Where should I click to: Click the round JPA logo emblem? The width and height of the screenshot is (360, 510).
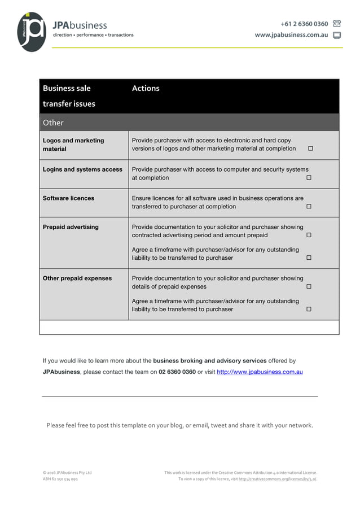click(x=32, y=32)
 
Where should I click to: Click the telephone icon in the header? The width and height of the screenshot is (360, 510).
click(x=337, y=24)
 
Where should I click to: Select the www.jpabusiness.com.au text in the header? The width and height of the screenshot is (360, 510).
click(x=291, y=35)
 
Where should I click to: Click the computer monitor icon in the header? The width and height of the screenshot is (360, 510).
click(x=337, y=35)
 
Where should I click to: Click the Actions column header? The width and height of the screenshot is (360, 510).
click(x=146, y=88)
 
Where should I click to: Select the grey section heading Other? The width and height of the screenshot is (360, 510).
click(x=53, y=123)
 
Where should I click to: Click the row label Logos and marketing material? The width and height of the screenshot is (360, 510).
click(x=73, y=145)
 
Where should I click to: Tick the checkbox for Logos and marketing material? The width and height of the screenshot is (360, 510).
click(x=310, y=149)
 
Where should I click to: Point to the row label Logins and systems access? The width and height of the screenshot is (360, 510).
click(x=82, y=169)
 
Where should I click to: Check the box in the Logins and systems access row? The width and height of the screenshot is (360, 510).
click(x=309, y=178)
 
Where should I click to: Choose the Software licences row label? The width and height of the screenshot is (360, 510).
click(x=68, y=198)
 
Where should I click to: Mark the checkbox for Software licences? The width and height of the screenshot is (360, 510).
click(x=309, y=207)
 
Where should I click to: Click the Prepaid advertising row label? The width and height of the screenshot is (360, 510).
click(x=71, y=227)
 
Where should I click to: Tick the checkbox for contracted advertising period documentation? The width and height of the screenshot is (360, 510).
click(x=309, y=235)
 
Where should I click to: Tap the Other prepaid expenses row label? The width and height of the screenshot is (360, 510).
click(x=77, y=278)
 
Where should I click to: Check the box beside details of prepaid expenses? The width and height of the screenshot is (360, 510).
click(x=309, y=287)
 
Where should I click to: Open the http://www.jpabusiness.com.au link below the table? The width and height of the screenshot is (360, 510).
click(x=260, y=372)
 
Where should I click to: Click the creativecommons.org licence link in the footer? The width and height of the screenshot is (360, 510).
click(x=277, y=479)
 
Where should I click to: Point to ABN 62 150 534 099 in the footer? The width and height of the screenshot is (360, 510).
click(x=60, y=479)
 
